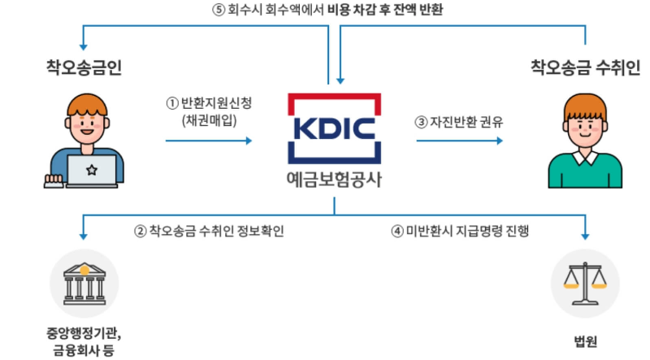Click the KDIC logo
333,129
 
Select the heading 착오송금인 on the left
84,67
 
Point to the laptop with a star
91,170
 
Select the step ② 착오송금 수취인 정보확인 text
209,231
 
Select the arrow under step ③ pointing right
459,140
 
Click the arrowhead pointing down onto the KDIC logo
340,81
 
